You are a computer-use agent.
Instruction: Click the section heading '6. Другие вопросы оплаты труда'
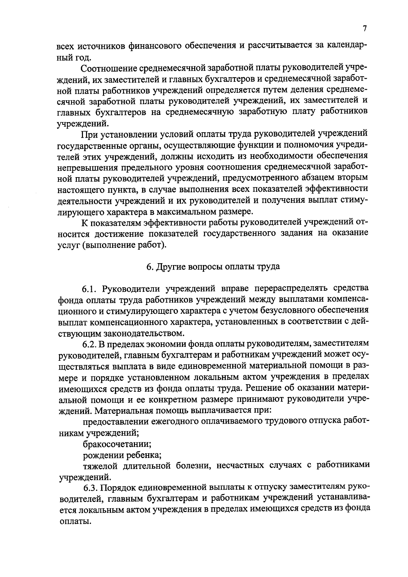click(213, 266)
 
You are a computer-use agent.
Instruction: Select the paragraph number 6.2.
click(90, 344)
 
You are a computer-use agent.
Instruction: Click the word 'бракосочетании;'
click(117, 444)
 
